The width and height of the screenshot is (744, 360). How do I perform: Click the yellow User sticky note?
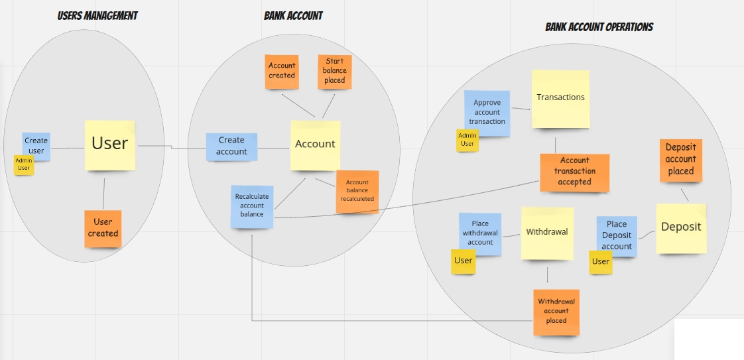[x=109, y=144]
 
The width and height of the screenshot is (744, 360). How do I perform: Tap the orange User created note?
[x=103, y=228]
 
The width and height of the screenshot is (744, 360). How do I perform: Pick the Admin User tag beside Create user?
[x=24, y=164]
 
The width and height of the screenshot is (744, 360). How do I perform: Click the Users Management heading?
[x=97, y=15]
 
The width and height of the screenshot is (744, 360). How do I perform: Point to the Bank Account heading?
[x=293, y=15]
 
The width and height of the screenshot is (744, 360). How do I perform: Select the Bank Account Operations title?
[x=599, y=27]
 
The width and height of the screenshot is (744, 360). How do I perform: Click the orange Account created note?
[x=282, y=70]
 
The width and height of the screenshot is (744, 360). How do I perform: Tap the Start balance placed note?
[x=334, y=72]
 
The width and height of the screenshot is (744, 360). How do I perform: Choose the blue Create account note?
[x=231, y=146]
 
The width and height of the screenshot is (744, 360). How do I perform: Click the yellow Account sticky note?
[x=315, y=145]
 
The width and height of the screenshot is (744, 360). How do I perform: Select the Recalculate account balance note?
[x=252, y=206]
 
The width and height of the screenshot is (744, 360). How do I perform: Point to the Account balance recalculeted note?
[x=357, y=191]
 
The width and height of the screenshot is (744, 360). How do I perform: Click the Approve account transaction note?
[x=487, y=112]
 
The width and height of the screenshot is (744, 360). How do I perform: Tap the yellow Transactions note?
[x=560, y=98]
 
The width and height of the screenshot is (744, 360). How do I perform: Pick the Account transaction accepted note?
[x=574, y=172]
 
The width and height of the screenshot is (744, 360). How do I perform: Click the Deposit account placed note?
[x=680, y=160]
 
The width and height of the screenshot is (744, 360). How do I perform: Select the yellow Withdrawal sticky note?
[x=547, y=233]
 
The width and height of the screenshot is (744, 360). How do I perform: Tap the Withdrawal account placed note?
[x=556, y=312]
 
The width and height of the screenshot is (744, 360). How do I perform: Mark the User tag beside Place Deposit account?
[x=600, y=262]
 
